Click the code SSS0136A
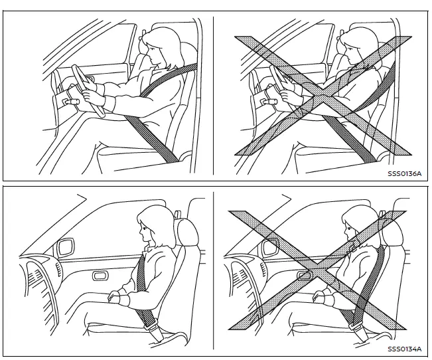pos(404,175)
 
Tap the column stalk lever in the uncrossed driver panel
pos(69,101)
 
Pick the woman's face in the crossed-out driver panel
pos(349,53)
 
